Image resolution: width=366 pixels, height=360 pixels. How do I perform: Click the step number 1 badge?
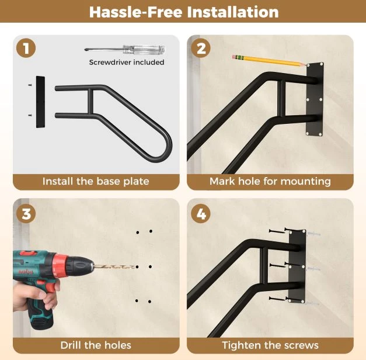click(26, 48)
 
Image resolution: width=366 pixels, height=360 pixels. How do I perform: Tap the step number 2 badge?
click(201, 48)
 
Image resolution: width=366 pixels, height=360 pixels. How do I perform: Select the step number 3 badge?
click(26, 213)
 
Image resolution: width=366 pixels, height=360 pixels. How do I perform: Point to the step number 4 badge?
click(201, 213)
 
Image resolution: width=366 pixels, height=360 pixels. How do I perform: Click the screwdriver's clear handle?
click(144, 50)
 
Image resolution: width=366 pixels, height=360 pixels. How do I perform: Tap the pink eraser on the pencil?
click(234, 57)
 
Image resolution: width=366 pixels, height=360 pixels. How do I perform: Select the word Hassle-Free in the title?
click(135, 12)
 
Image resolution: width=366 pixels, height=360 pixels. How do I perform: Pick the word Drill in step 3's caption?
click(71, 345)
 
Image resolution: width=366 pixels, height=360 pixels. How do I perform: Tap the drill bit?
click(114, 266)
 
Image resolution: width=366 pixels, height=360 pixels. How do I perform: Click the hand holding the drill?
click(35, 296)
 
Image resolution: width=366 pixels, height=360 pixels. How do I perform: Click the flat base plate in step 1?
click(40, 102)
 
